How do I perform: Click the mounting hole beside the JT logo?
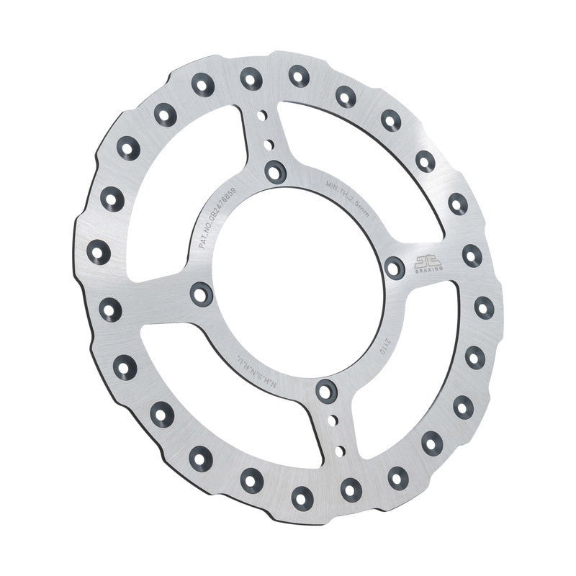(x=394, y=268)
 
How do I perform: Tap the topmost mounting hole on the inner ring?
(x=274, y=171)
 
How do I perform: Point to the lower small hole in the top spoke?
(x=269, y=145)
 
